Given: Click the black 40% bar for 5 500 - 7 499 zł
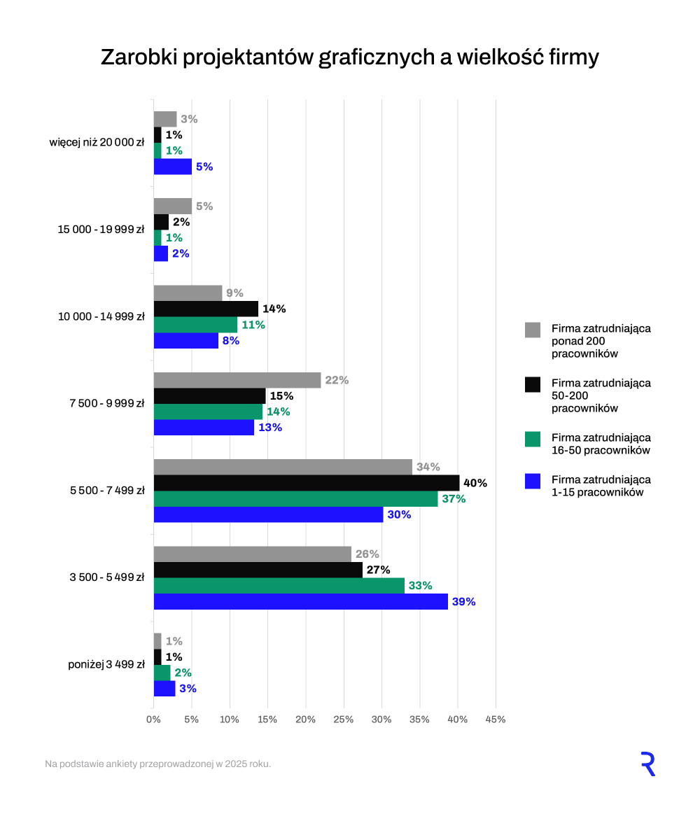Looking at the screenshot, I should click(307, 483).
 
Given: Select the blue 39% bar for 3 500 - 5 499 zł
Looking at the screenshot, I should click(300, 602).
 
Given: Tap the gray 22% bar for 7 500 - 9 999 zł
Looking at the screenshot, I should click(237, 380).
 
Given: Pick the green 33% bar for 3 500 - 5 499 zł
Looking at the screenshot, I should click(279, 586).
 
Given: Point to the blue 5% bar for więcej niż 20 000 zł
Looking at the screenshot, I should click(173, 167).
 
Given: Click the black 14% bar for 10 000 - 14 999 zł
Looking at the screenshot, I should click(206, 309).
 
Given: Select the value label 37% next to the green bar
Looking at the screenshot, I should click(454, 499).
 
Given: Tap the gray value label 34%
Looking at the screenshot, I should click(428, 467).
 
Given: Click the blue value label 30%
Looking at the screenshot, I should click(399, 515).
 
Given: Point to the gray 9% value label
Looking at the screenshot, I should click(234, 293).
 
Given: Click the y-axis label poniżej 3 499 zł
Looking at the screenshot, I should click(106, 665).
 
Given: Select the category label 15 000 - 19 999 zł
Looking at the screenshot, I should click(101, 230).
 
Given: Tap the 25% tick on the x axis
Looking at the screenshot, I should click(343, 720).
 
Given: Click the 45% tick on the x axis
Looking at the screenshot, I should click(496, 720).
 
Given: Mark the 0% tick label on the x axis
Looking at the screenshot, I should click(153, 720).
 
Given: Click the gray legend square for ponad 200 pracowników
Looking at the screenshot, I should click(533, 330).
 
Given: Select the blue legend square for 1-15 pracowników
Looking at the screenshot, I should click(533, 481).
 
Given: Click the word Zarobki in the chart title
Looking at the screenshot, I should click(138, 57).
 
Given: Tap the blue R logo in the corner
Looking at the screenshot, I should click(647, 764).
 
